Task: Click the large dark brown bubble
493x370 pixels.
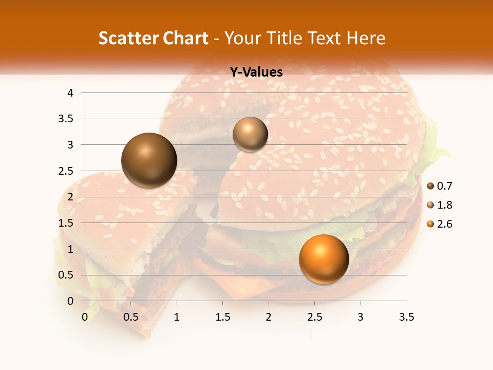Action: point(149,160)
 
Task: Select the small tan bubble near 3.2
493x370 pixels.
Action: point(250,135)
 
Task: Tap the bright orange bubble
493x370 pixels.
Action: point(324,259)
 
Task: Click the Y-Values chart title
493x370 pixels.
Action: point(256,72)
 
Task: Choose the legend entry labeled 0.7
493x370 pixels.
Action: point(439,186)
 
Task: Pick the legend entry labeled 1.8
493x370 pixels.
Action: point(439,205)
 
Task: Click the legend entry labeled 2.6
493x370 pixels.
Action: point(439,224)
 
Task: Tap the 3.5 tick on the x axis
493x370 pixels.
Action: point(406,317)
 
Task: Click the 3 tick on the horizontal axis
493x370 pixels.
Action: point(361,317)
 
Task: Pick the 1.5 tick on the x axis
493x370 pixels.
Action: point(222,317)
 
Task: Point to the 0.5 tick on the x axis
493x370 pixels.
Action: point(131,317)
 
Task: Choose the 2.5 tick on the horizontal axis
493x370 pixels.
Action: point(314,317)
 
